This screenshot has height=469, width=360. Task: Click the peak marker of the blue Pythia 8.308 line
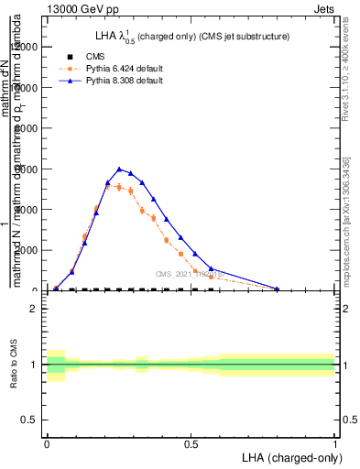coord(119,169)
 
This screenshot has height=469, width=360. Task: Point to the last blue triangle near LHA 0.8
coord(277,289)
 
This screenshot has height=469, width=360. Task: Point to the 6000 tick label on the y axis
coord(27,169)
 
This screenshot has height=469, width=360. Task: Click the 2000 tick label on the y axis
coord(27,250)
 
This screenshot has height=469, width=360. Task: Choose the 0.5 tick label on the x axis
coord(191,444)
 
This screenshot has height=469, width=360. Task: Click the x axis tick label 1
coord(334,444)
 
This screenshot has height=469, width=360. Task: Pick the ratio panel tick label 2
coord(33,309)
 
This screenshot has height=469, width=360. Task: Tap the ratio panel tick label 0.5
coord(29,420)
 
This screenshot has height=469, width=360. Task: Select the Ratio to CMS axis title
coord(12,364)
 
